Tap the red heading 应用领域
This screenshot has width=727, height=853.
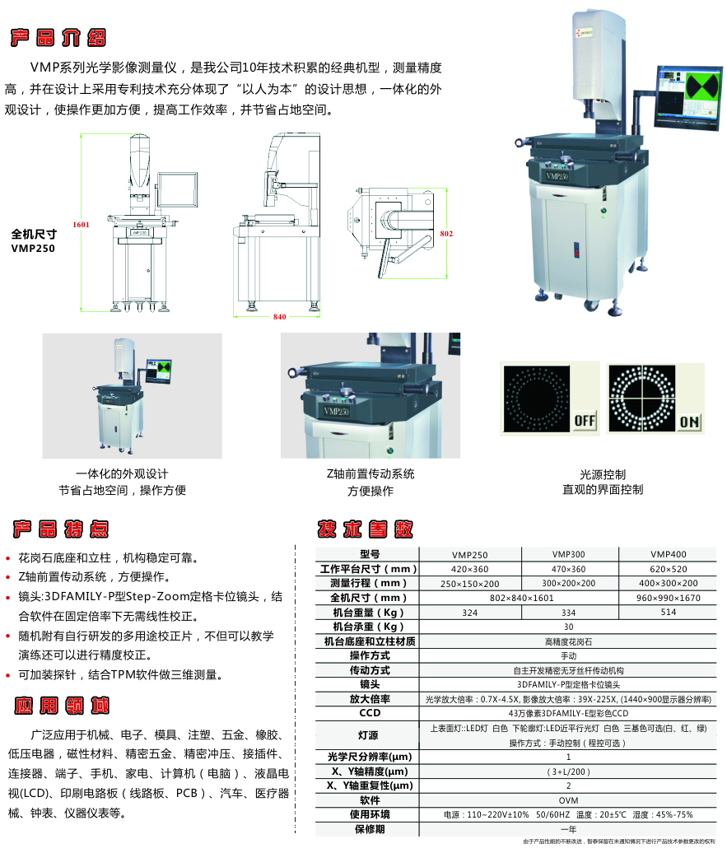pyautogui.click(x=59, y=706)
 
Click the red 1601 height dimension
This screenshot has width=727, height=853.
pyautogui.click(x=80, y=224)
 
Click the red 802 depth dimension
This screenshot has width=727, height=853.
pyautogui.click(x=446, y=234)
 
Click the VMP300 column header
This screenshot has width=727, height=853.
pyautogui.click(x=568, y=555)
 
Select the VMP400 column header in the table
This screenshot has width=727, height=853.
pyautogui.click(x=668, y=555)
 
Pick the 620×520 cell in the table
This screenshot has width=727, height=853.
pyautogui.click(x=668, y=569)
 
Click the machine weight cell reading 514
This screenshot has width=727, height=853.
pyautogui.click(x=668, y=613)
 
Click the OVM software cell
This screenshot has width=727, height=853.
pyautogui.click(x=568, y=799)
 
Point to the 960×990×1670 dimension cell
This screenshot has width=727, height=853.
pyautogui.click(x=668, y=598)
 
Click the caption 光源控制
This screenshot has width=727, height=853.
pyautogui.click(x=602, y=474)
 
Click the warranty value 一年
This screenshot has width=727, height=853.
pyautogui.click(x=568, y=829)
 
